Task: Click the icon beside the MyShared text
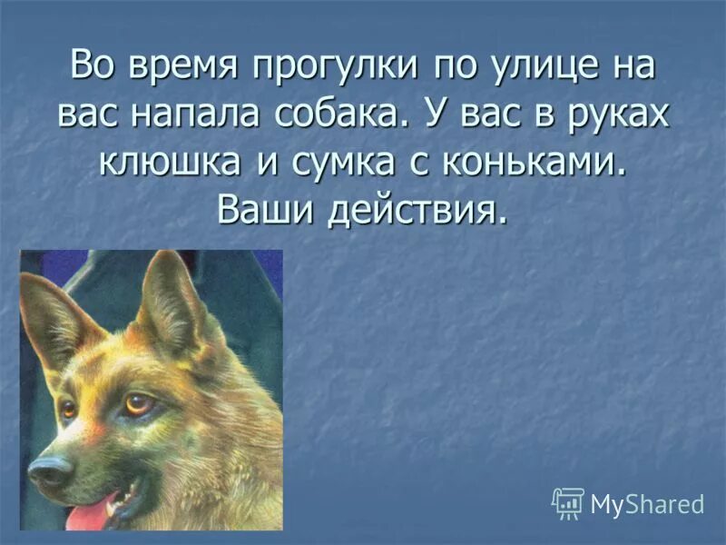(568, 503)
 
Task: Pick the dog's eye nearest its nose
(68, 409)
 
